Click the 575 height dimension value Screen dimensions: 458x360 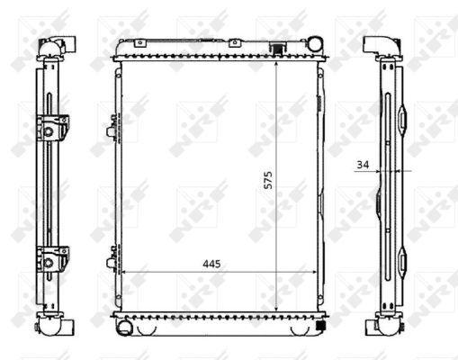[x=268, y=180]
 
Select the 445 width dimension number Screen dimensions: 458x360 [x=211, y=264]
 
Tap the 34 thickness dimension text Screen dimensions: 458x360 [x=363, y=165]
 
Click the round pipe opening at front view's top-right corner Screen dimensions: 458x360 [x=315, y=43]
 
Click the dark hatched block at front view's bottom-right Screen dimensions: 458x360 [x=321, y=325]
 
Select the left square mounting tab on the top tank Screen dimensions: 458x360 [x=139, y=43]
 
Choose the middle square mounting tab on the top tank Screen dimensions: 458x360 [x=235, y=43]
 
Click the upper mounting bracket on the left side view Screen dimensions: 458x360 [x=52, y=128]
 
